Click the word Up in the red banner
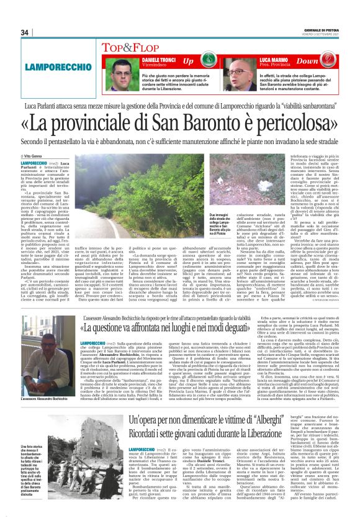(189, 61)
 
